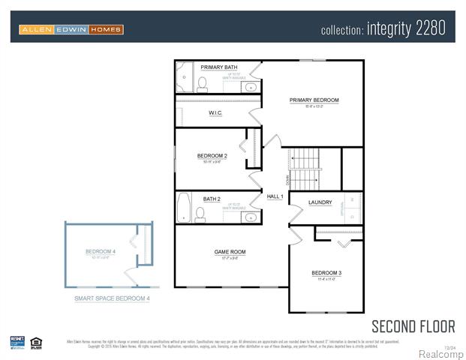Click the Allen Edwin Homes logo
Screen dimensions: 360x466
[x=71, y=29]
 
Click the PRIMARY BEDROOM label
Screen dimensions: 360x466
[x=314, y=100]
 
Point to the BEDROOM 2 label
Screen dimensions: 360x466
[x=212, y=156]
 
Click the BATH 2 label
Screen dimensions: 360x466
[x=212, y=199]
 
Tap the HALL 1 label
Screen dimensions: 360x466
[x=275, y=196]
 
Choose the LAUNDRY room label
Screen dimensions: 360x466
[x=320, y=202]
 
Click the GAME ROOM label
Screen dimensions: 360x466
[x=230, y=252]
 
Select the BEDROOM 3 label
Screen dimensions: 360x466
[x=326, y=272]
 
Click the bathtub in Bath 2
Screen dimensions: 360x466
[x=184, y=208]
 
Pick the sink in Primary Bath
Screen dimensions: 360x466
[x=250, y=86]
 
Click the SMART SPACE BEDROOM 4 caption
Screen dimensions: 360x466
[x=112, y=298]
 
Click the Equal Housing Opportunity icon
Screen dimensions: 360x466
[x=36, y=343]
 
